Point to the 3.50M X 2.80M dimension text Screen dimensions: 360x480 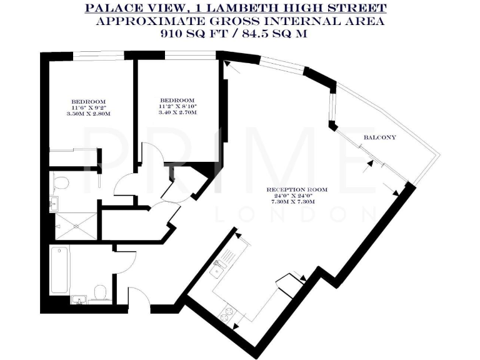[x=87, y=114]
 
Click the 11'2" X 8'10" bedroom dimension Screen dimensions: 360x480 [x=177, y=107]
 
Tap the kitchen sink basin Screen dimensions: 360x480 [x=219, y=270]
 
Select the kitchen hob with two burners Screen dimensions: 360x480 [x=228, y=311]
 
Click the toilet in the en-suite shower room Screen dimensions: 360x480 [x=61, y=182]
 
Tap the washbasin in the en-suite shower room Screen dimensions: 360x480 [x=54, y=202]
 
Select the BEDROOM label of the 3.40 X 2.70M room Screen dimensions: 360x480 [x=177, y=100]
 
